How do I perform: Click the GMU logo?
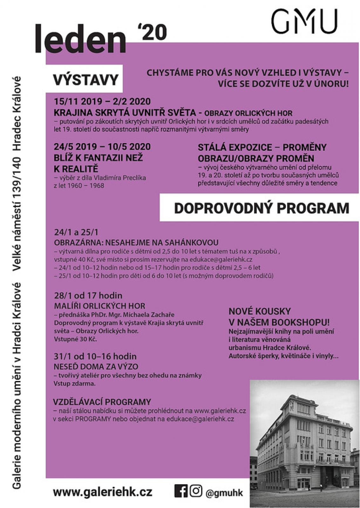click(x=304, y=21)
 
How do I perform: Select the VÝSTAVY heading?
click(x=85, y=79)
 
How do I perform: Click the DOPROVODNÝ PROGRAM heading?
click(x=262, y=208)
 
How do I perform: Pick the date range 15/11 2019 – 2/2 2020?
click(x=102, y=102)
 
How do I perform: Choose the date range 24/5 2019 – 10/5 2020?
click(x=102, y=147)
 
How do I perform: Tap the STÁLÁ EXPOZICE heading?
click(x=262, y=148)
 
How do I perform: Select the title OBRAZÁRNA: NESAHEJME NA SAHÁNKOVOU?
click(x=136, y=243)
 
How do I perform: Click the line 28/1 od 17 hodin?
click(x=88, y=296)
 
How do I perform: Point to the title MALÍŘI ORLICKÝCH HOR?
click(x=99, y=306)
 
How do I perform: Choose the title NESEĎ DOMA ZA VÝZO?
click(x=96, y=366)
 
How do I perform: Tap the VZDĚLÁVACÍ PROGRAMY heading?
click(x=102, y=402)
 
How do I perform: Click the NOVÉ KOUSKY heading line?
click(x=260, y=311)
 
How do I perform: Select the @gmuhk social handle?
click(x=224, y=493)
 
